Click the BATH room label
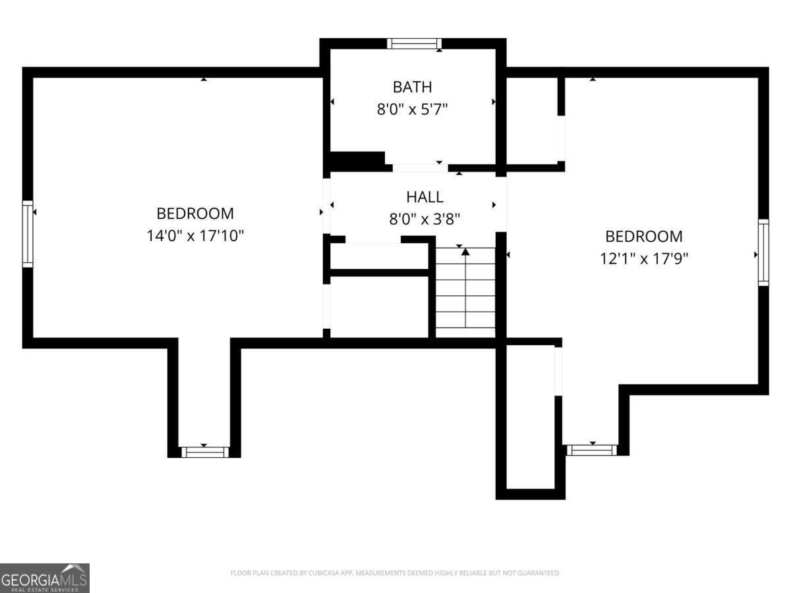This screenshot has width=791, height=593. click(412, 87)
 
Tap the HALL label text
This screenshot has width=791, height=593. click(425, 197)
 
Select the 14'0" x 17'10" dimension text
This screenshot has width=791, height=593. click(195, 236)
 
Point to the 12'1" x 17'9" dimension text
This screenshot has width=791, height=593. click(643, 258)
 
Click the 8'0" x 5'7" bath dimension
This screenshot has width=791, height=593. click(412, 109)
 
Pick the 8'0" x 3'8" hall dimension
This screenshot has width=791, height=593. click(425, 219)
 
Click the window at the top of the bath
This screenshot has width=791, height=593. click(414, 43)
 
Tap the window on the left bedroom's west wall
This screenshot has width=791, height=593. click(28, 234)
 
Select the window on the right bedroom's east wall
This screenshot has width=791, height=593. click(763, 252)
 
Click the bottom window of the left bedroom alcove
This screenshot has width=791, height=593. click(205, 452)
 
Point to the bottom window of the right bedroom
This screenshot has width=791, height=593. click(591, 450)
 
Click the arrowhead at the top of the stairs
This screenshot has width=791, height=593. click(465, 252)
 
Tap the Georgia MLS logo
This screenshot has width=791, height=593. click(45, 579)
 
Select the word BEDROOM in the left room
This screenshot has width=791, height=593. click(195, 213)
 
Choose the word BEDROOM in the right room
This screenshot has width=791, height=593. click(643, 237)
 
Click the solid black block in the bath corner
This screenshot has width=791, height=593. click(357, 161)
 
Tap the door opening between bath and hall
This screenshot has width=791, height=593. click(420, 168)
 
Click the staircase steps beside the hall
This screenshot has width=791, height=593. click(465, 293)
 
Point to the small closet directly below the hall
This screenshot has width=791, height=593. click(379, 256)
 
